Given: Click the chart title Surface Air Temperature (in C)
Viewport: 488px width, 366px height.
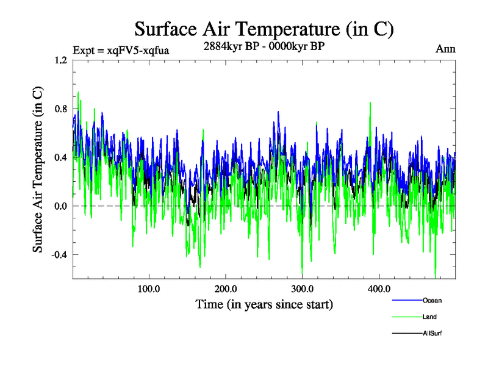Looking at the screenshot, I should pos(264,29).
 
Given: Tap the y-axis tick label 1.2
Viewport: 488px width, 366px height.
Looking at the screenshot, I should pos(60,60).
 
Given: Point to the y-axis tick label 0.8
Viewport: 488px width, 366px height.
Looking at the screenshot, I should pos(60,109).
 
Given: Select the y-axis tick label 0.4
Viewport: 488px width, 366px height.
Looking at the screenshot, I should pos(60,157).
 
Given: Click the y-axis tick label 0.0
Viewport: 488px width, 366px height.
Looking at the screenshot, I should pos(60,206).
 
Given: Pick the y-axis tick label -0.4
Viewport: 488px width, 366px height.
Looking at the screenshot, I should pos(59,255).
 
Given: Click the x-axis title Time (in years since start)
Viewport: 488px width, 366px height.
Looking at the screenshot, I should pos(264,303).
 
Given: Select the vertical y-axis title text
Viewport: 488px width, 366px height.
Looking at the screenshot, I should pos(38,170).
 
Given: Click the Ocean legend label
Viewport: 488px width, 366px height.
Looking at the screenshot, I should pos(432,300).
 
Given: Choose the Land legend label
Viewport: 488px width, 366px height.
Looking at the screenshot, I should pos(429,317).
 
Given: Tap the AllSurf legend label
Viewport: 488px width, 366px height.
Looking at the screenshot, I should pos(432,333).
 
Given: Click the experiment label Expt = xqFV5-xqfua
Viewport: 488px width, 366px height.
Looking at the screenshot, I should pos(121,50).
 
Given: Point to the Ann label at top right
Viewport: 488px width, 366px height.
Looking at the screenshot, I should pos(445,48).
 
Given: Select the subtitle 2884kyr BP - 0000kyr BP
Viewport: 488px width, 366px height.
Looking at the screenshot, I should pos(264,45).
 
